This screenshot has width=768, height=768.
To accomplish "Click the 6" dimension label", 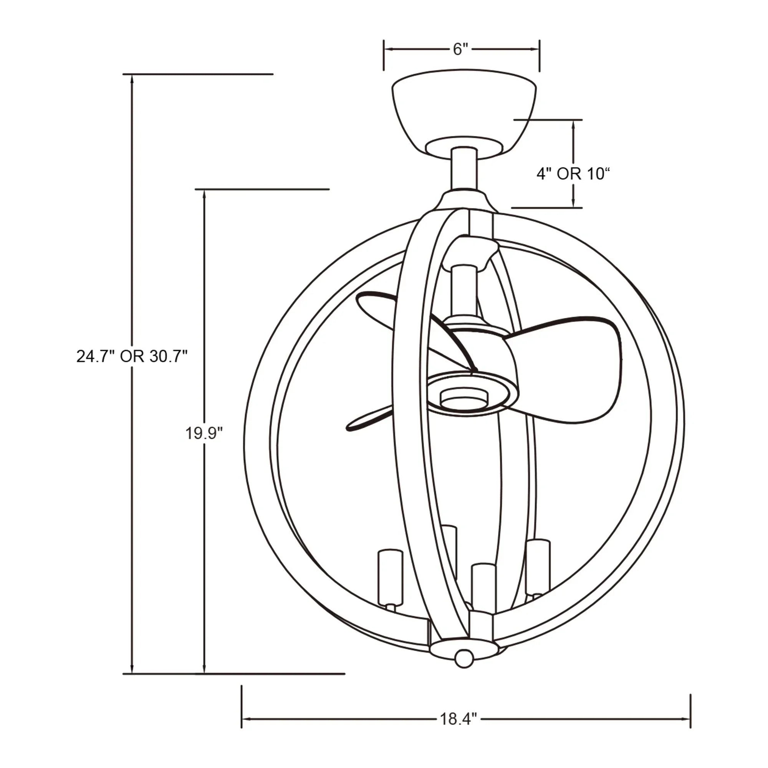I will [x=461, y=50].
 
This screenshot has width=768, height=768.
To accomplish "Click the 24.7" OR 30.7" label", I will [x=132, y=357].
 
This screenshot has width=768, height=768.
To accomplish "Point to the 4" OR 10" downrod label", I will [x=573, y=174].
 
